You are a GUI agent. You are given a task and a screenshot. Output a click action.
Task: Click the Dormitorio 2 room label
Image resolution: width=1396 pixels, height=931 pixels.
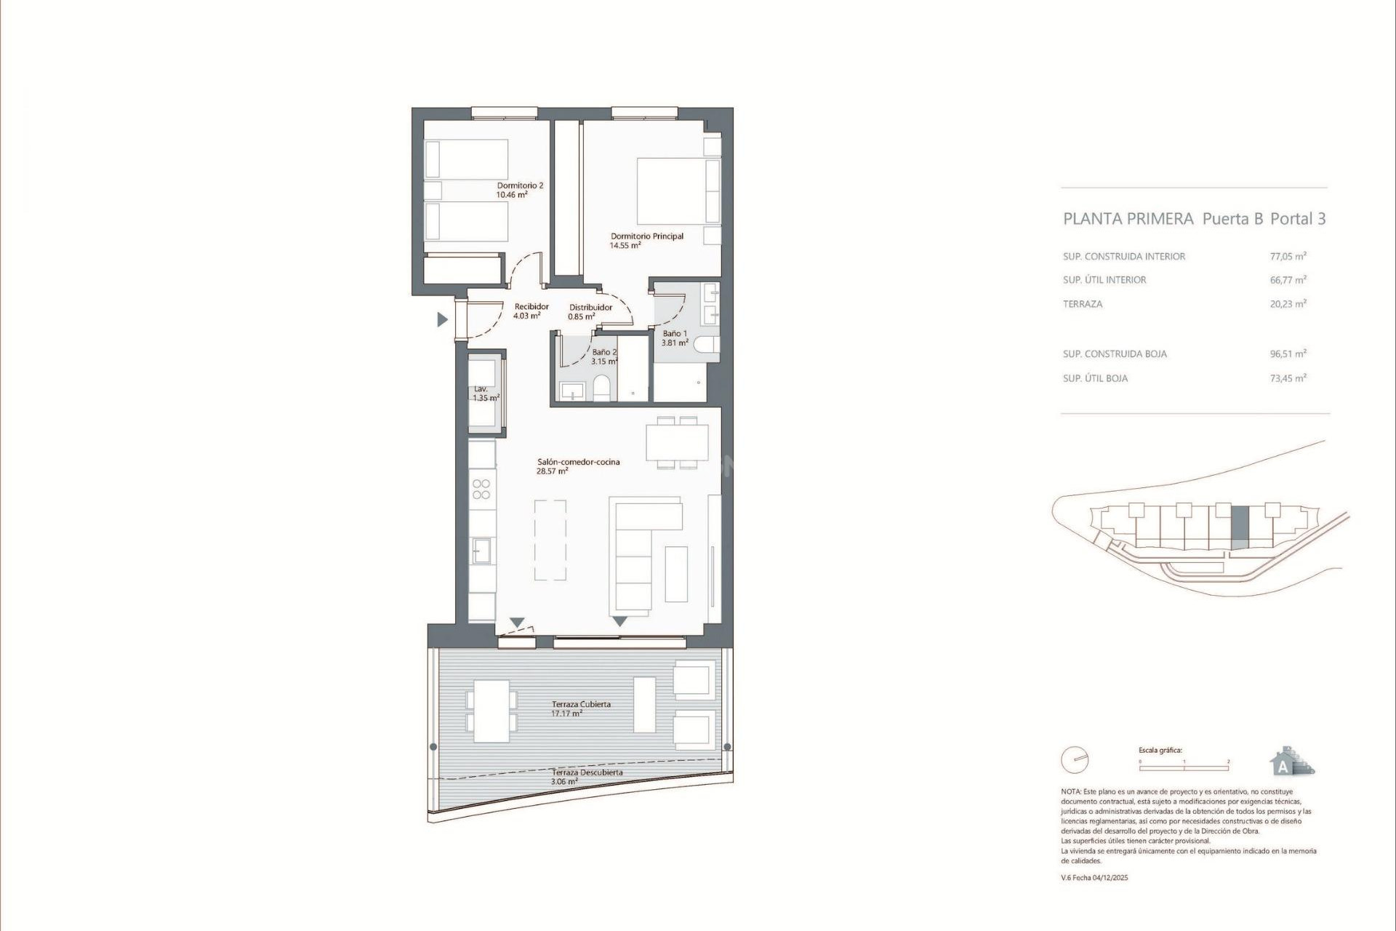tap(519, 190)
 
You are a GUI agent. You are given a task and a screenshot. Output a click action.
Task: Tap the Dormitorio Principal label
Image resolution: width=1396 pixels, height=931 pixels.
tap(646, 241)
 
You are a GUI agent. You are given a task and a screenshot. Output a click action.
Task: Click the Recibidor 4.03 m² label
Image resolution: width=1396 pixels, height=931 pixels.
tap(530, 311)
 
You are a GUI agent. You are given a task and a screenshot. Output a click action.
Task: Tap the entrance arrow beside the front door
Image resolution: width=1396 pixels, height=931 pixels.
tap(441, 319)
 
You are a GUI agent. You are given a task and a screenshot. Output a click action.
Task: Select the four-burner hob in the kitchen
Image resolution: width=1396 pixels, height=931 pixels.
tap(481, 489)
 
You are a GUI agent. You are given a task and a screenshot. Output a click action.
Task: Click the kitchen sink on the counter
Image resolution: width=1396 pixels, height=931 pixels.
tap(481, 551)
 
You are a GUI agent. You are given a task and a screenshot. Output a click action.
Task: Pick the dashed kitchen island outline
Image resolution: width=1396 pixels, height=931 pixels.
tap(550, 540)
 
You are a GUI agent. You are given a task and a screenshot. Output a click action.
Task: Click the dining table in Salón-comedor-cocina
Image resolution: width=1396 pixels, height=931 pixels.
tap(677, 443)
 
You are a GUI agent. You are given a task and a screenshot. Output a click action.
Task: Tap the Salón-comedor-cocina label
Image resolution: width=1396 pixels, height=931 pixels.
tap(577, 466)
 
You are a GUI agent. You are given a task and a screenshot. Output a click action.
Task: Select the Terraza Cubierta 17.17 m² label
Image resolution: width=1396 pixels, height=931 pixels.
tap(580, 708)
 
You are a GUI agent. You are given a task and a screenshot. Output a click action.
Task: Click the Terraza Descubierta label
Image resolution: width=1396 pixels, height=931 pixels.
tap(586, 777)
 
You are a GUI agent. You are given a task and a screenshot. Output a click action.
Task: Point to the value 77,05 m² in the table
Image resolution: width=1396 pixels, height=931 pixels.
tap(1288, 256)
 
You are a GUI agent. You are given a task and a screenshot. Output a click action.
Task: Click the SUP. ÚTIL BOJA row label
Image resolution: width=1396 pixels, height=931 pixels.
tap(1095, 378)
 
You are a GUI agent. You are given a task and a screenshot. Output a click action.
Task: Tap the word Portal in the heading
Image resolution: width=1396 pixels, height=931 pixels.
tap(1291, 219)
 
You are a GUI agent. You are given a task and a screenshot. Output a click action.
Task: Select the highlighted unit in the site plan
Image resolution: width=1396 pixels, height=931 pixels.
tap(1240, 527)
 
